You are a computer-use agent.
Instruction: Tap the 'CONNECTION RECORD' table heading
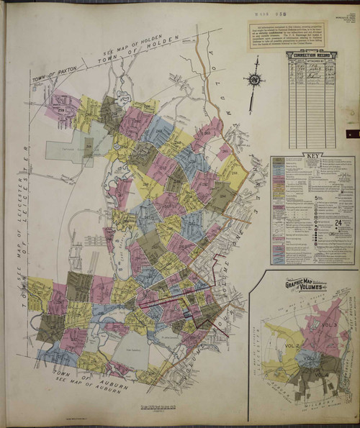(312, 54)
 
